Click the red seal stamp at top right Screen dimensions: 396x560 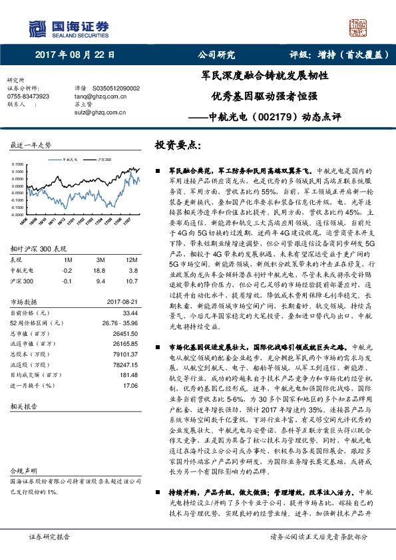[358, 27]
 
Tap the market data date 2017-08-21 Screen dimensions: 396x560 [121, 302]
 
